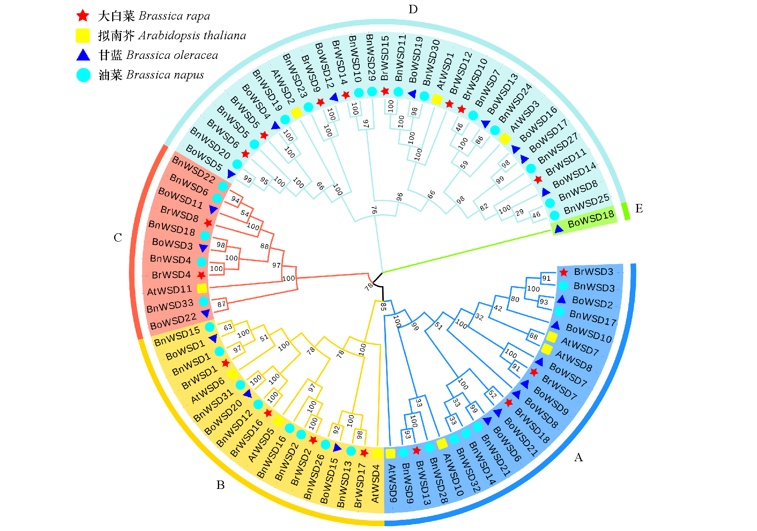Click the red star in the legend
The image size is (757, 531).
coord(83,16)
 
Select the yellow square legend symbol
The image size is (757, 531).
coord(83,36)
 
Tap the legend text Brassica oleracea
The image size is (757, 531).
coord(172,55)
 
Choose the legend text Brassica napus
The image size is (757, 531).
coord(165,75)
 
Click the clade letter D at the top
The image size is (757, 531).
coord(413,9)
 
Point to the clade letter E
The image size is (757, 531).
coord(639,208)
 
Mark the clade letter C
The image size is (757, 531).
coord(118,238)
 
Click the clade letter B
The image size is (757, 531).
coord(220,485)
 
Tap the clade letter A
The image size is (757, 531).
coord(578,457)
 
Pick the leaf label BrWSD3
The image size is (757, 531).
coord(594,272)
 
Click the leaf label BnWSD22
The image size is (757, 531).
coord(193,169)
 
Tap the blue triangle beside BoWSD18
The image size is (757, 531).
coord(559,229)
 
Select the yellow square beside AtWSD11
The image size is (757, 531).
coord(202,288)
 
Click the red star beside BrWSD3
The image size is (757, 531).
coord(564,273)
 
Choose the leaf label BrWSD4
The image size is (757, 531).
coord(171,275)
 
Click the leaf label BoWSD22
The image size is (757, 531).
coord(173,321)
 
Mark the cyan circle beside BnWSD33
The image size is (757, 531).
coord(203,301)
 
